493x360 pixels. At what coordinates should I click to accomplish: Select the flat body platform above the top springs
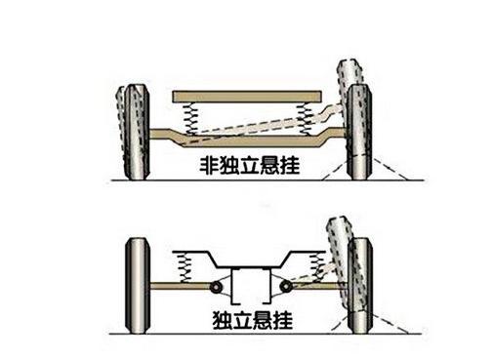point(247,97)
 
